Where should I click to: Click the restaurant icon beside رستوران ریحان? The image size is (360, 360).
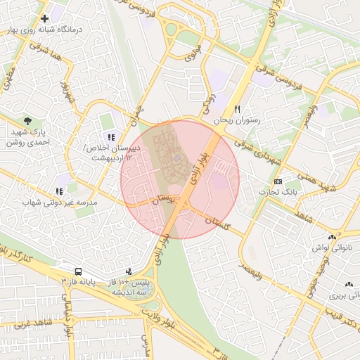click(x=238, y=109)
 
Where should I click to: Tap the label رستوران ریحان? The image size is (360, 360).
click(x=238, y=120)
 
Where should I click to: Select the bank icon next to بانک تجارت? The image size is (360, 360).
click(x=278, y=181)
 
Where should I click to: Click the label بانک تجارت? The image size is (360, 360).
click(x=276, y=192)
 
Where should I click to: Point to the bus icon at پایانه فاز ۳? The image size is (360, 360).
click(x=77, y=271)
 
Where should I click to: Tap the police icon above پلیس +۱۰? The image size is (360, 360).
click(x=128, y=271)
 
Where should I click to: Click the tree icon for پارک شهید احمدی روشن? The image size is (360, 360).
click(x=27, y=121)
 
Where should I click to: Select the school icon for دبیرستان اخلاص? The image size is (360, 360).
click(x=110, y=137)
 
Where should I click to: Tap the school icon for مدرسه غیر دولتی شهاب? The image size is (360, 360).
click(x=59, y=191)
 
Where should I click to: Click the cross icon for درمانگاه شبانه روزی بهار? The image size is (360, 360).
click(x=45, y=18)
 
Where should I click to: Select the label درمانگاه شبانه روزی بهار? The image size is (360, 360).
click(x=42, y=30)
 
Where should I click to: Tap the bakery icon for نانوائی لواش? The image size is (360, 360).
click(x=332, y=238)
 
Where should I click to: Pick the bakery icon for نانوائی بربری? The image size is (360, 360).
click(x=349, y=285)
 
